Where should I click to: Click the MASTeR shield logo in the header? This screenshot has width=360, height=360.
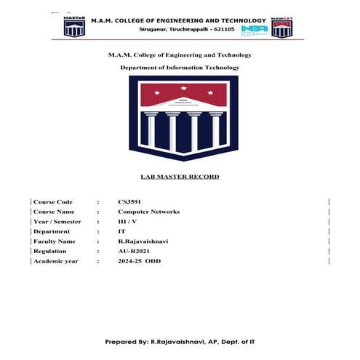point(75,26)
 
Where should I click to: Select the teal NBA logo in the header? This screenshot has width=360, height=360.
point(255,31)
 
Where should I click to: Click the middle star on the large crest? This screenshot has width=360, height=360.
point(183,88)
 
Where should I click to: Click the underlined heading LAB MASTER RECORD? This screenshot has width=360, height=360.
point(179,176)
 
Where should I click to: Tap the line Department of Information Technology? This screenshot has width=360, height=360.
point(179,67)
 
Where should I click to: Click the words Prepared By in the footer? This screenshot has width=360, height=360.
point(128,341)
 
